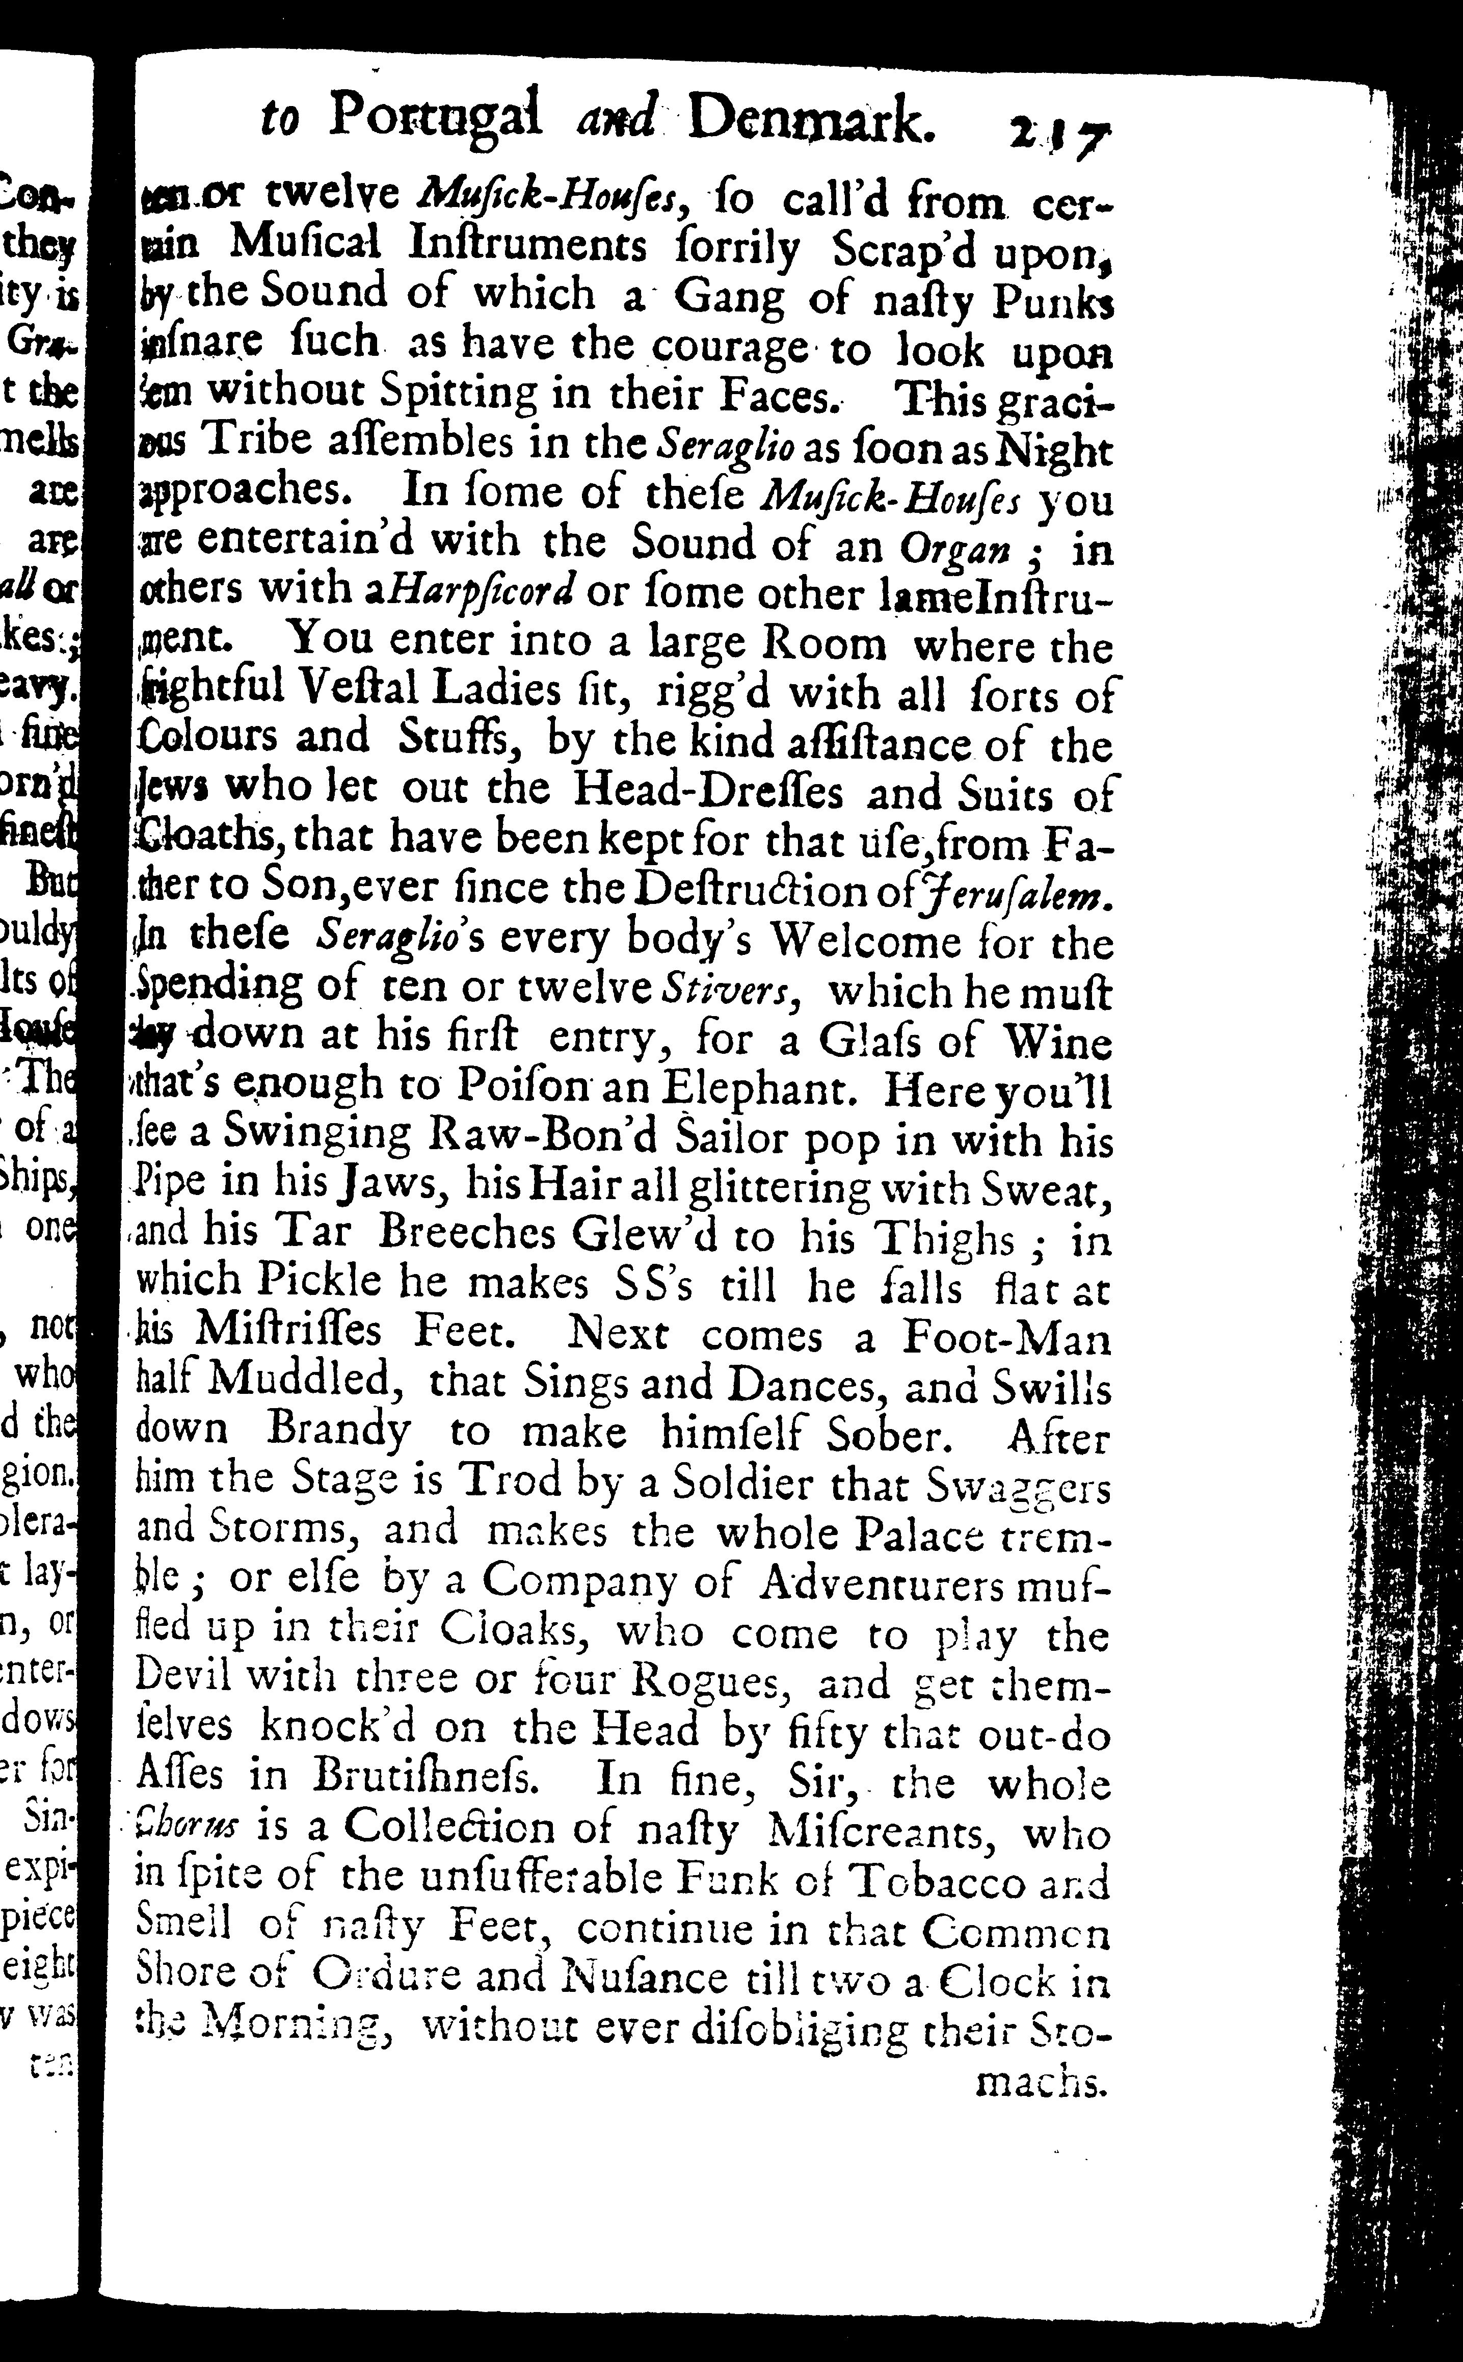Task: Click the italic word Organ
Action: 954,549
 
